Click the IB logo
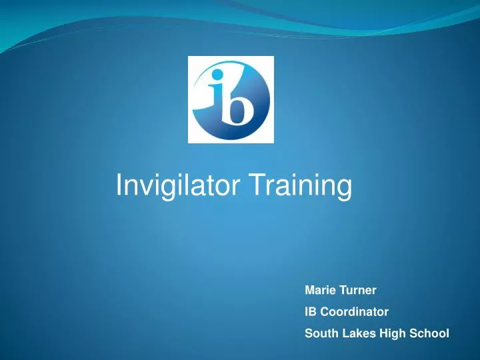(x=231, y=99)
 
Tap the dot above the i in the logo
(x=215, y=83)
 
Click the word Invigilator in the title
(x=179, y=186)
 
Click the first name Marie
(x=319, y=290)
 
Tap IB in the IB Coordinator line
(x=310, y=311)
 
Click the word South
(x=319, y=331)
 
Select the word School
(x=427, y=331)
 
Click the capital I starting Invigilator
(x=119, y=185)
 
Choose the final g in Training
(x=343, y=189)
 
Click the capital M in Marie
(x=309, y=290)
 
